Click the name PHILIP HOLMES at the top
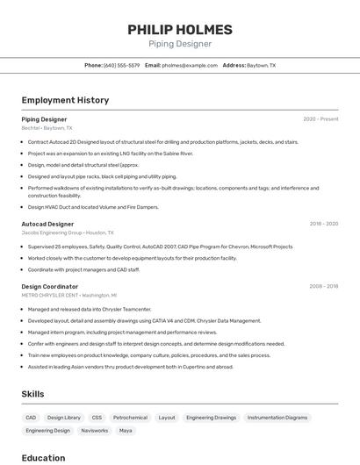coord(179,29)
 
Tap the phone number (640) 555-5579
coord(121,65)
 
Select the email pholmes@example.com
coord(189,65)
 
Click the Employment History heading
coord(65,100)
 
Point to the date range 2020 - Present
coord(320,118)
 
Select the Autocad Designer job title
coord(47,224)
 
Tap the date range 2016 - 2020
coord(323,224)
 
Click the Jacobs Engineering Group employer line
coord(68,232)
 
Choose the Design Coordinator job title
coord(50,286)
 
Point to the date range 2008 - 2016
coord(323,286)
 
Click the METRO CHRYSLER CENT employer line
coord(69,296)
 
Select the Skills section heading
coord(32,394)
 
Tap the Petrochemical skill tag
coord(130,418)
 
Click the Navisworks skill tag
coord(94,431)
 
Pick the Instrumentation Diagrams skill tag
coord(277,418)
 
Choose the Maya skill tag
coord(126,431)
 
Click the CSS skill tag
coord(97,418)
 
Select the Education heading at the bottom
coord(43,457)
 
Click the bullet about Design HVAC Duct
coord(93,207)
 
